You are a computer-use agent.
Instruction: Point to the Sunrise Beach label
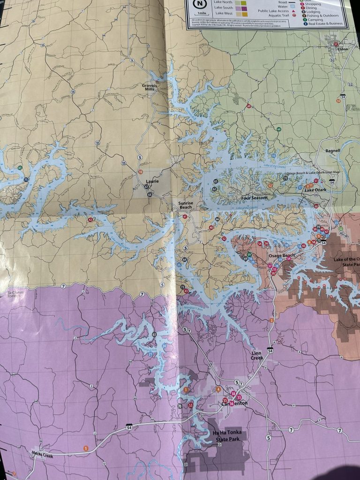185,205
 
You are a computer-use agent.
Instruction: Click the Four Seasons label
254,198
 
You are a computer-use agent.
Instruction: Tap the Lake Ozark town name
315,190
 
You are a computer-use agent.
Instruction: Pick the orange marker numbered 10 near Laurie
140,172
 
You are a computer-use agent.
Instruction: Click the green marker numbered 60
279,129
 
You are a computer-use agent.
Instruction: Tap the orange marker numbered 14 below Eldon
338,100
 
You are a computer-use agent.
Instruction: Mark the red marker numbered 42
90,219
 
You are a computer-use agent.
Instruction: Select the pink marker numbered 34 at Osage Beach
289,259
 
